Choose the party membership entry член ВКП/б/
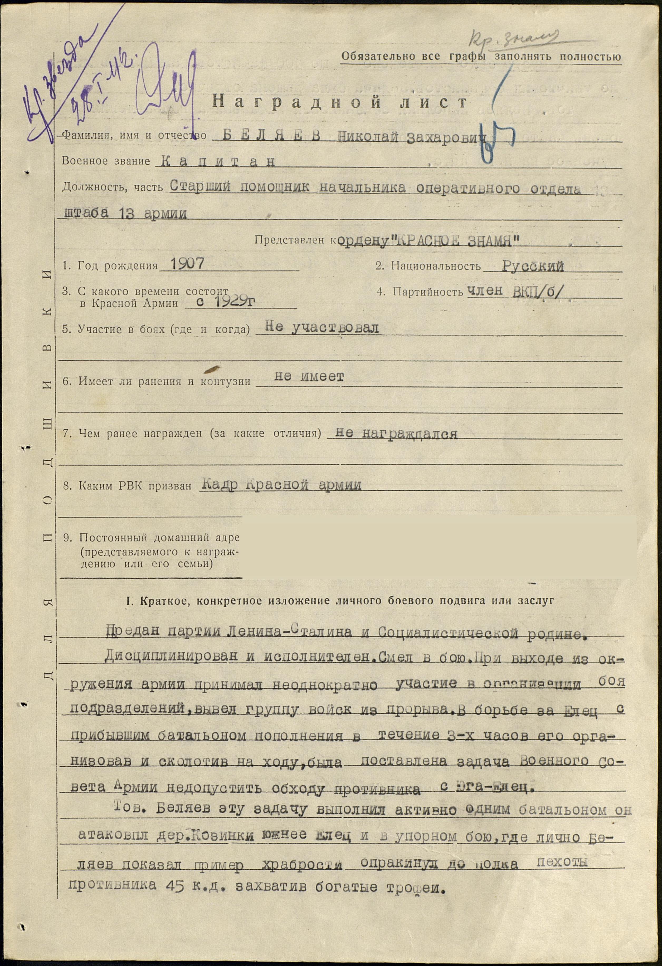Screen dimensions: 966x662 (x=514, y=291)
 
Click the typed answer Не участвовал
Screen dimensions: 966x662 (x=322, y=328)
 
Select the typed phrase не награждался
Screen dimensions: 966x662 (x=396, y=433)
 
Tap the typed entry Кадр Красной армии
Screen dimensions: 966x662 (x=281, y=485)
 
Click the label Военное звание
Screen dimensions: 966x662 (x=106, y=161)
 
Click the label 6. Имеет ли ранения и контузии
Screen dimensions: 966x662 (x=157, y=381)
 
